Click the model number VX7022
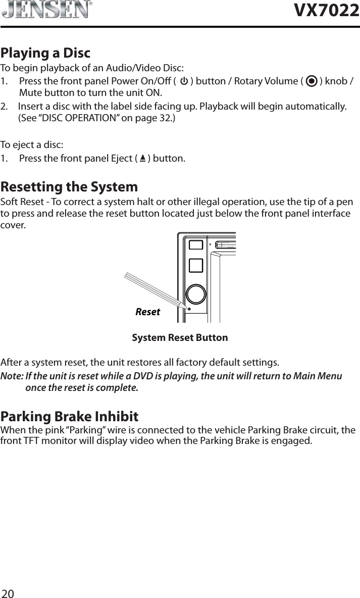327,11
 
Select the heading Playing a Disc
45,53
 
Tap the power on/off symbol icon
184,81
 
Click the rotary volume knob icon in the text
312,81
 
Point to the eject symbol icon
143,159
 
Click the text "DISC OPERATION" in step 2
73,119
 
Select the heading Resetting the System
69,187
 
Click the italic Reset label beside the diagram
147,312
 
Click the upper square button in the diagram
196,244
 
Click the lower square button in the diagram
196,265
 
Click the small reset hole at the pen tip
189,309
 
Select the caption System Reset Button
180,337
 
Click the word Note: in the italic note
12,376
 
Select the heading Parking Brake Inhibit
70,417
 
